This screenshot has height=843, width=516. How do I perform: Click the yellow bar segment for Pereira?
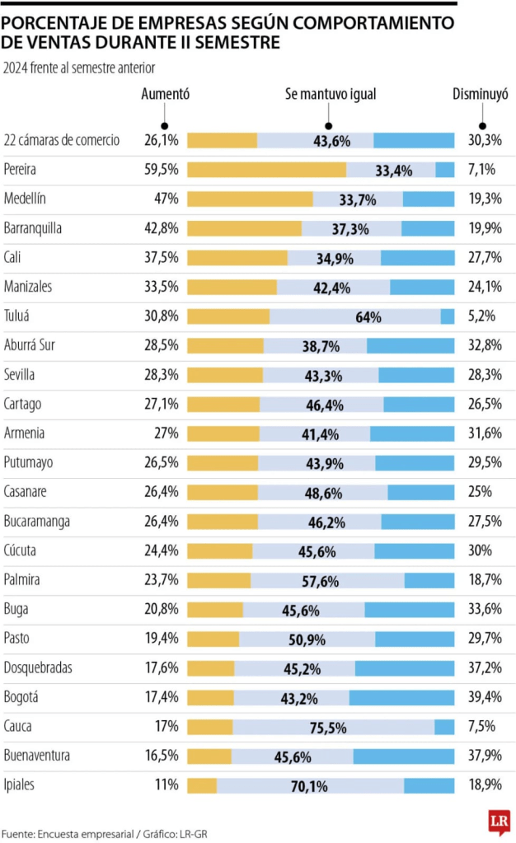click(266, 170)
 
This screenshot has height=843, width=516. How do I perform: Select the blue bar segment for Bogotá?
click(401, 697)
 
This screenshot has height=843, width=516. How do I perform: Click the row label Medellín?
click(25, 199)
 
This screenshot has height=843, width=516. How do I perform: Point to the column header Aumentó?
click(166, 95)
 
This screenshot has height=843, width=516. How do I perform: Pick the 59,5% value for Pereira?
click(161, 170)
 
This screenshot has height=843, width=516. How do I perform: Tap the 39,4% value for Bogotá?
click(484, 697)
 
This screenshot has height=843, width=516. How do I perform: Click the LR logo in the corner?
click(498, 821)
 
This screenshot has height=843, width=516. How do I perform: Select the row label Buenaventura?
click(37, 756)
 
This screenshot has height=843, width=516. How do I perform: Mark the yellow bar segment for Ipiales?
click(202, 785)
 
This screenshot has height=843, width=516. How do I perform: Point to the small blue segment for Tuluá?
click(448, 316)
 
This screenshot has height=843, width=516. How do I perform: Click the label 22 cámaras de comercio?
click(62, 140)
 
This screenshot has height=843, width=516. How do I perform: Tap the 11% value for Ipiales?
click(167, 785)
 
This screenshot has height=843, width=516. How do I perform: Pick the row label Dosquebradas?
click(38, 667)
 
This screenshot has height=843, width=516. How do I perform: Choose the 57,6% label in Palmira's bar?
click(321, 580)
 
